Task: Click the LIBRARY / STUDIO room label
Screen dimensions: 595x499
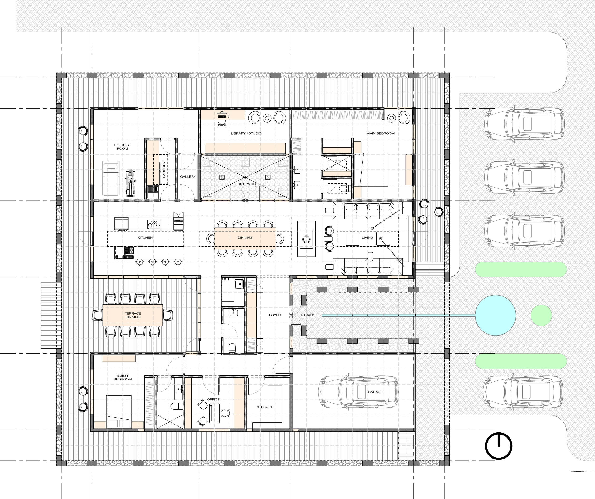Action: click(246, 133)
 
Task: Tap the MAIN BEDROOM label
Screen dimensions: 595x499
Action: click(381, 133)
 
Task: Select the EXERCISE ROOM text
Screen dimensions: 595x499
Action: click(122, 147)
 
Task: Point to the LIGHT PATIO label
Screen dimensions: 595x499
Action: click(245, 184)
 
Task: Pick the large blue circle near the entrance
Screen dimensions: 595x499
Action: click(495, 315)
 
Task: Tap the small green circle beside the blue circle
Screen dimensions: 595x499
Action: click(541, 315)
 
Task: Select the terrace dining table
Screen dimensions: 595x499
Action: click(133, 315)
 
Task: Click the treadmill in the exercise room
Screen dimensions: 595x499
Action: click(111, 178)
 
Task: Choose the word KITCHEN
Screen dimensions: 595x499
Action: click(145, 237)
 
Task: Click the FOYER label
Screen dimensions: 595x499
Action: click(275, 315)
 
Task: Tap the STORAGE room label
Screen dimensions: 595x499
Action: click(265, 407)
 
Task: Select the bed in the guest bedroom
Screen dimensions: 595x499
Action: click(119, 411)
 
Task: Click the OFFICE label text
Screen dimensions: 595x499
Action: click(213, 399)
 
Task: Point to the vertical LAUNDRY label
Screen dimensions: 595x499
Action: click(164, 170)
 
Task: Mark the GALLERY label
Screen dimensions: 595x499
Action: click(188, 177)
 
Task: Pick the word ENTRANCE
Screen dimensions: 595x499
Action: click(308, 315)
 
